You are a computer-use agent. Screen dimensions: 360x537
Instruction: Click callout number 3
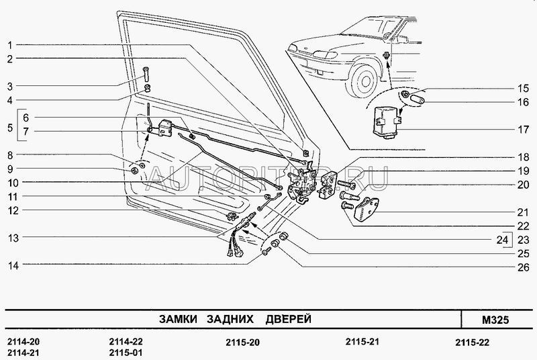coord(10,86)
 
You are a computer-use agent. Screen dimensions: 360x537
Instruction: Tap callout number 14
coord(10,265)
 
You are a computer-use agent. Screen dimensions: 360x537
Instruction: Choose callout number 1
coord(10,44)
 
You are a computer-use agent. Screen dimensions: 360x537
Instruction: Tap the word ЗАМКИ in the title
coord(177,318)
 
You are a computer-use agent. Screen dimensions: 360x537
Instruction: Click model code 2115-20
coord(242,342)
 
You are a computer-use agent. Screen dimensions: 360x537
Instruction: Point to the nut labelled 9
coord(134,169)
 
